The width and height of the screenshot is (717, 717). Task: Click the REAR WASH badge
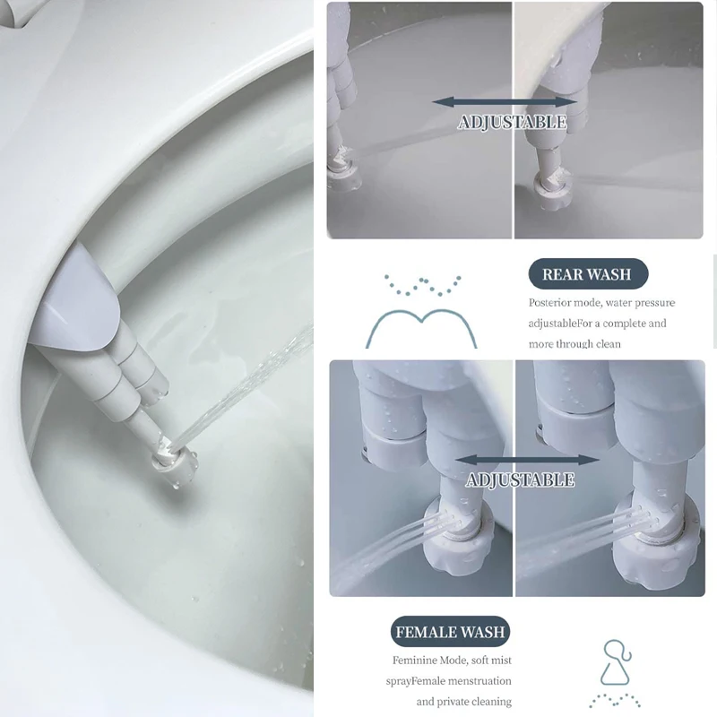pyautogui.click(x=587, y=274)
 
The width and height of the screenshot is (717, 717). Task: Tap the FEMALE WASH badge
pyautogui.click(x=451, y=632)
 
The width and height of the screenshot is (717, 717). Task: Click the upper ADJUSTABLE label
pyautogui.click(x=512, y=122)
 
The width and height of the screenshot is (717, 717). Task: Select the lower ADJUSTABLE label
pyautogui.click(x=520, y=480)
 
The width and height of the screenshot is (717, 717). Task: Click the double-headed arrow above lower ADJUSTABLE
pyautogui.click(x=527, y=460)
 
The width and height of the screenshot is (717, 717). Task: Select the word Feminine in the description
pyautogui.click(x=445, y=660)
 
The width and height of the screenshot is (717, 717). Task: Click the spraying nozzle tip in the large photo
pyautogui.click(x=173, y=459)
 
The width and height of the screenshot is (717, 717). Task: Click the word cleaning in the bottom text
pyautogui.click(x=488, y=701)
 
